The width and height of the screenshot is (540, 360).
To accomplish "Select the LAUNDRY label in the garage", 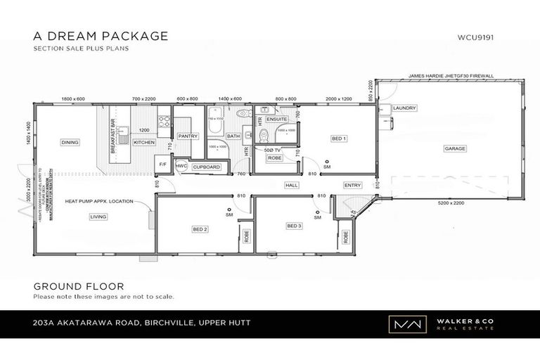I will tap(405, 108).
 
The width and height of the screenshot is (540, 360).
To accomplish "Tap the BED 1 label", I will tap(339, 139).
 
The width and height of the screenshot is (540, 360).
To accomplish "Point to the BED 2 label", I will tap(200, 229).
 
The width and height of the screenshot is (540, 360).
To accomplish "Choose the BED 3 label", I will tap(294, 226).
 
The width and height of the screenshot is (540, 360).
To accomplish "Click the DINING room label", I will tap(70, 142).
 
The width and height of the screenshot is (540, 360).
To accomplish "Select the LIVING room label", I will tap(98, 217).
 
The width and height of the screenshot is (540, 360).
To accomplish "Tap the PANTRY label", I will tap(188, 136).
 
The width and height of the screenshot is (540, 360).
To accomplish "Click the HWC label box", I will tap(181, 167).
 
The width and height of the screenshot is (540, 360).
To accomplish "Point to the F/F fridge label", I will tap(163, 164).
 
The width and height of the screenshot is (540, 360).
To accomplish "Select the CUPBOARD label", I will tap(206, 167).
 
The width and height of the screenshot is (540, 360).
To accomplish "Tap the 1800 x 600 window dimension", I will tap(73, 99).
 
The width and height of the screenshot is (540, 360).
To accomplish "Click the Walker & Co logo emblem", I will tap(402, 325).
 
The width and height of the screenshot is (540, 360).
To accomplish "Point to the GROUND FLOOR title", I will tap(79, 286).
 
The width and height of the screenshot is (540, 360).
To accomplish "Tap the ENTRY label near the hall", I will tap(353, 186).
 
